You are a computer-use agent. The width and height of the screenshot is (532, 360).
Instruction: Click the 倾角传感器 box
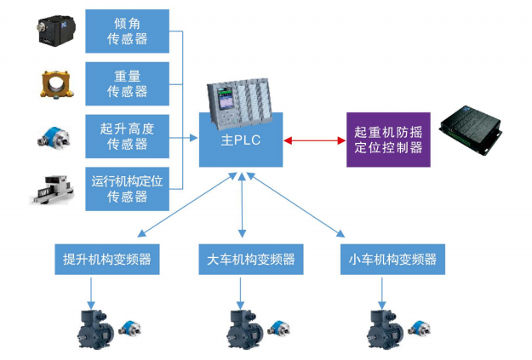(128, 31)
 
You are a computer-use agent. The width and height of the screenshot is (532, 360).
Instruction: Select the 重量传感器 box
(128, 83)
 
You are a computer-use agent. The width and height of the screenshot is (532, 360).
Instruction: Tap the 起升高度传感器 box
(128, 136)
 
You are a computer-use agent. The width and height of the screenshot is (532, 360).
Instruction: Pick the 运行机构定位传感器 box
(128, 188)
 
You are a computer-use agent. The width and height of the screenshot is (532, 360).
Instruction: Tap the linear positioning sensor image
(53, 189)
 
